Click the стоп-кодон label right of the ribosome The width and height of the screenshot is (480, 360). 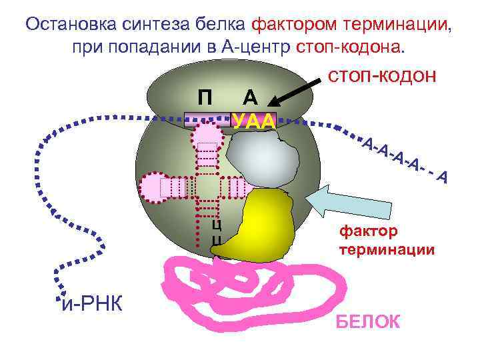[x=383, y=76]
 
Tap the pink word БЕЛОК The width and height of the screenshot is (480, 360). [x=367, y=322]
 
